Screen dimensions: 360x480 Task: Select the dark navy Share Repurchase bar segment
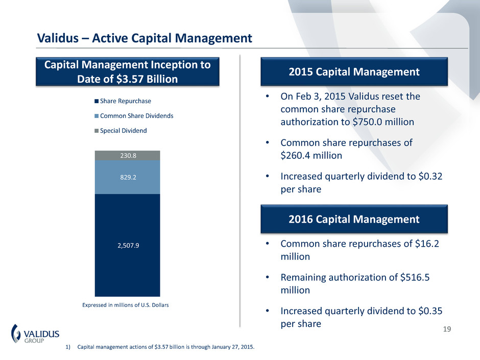coord(127,266)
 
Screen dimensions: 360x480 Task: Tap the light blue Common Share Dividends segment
coord(127,184)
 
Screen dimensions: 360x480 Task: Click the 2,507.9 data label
coord(127,245)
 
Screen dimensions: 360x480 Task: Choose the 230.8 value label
coord(127,155)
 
